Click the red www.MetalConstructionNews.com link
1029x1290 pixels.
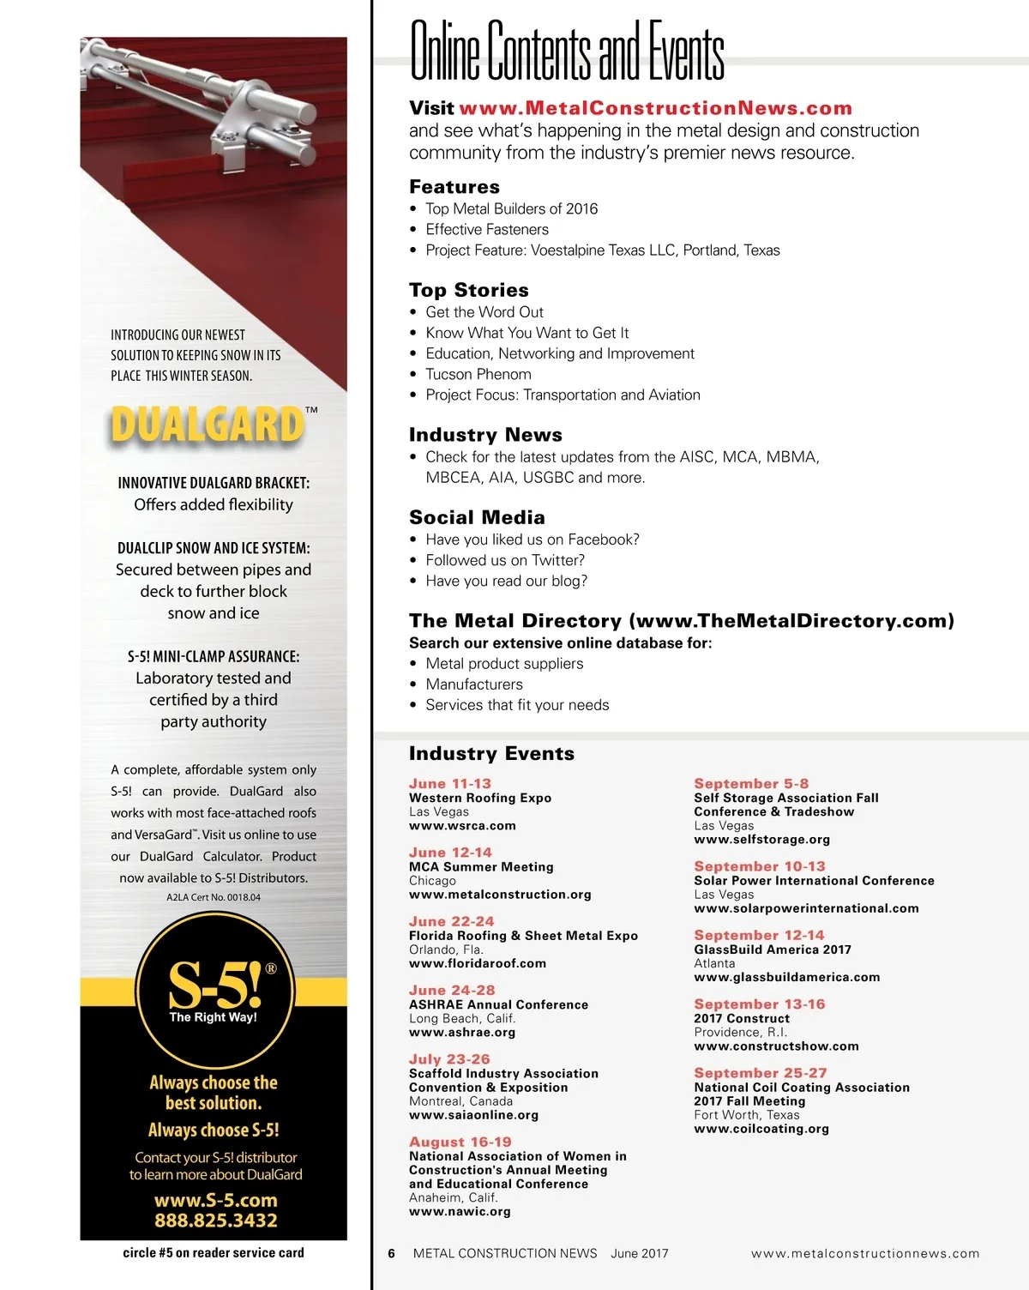coord(655,108)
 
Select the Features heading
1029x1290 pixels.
coord(454,187)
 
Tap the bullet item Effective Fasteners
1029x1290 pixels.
coord(487,230)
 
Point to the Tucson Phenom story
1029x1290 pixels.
coord(478,374)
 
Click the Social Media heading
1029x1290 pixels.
coord(477,517)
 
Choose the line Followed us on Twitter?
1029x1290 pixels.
coord(505,560)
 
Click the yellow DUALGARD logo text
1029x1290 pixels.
coord(208,425)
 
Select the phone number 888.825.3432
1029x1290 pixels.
coord(216,1221)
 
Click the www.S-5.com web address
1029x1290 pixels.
coord(216,1200)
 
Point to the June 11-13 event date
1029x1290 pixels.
coord(450,784)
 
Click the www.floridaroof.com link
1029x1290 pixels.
coord(478,963)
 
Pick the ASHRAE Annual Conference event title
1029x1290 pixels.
coord(498,1004)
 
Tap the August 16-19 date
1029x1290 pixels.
coord(460,1142)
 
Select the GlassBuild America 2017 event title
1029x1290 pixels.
coord(773,949)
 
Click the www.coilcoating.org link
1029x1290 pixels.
coord(761,1129)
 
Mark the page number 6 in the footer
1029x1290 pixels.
coord(392,1253)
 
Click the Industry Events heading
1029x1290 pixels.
coord(491,754)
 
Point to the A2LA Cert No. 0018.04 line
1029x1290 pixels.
coord(214,897)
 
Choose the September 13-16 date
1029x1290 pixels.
coord(760,1004)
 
